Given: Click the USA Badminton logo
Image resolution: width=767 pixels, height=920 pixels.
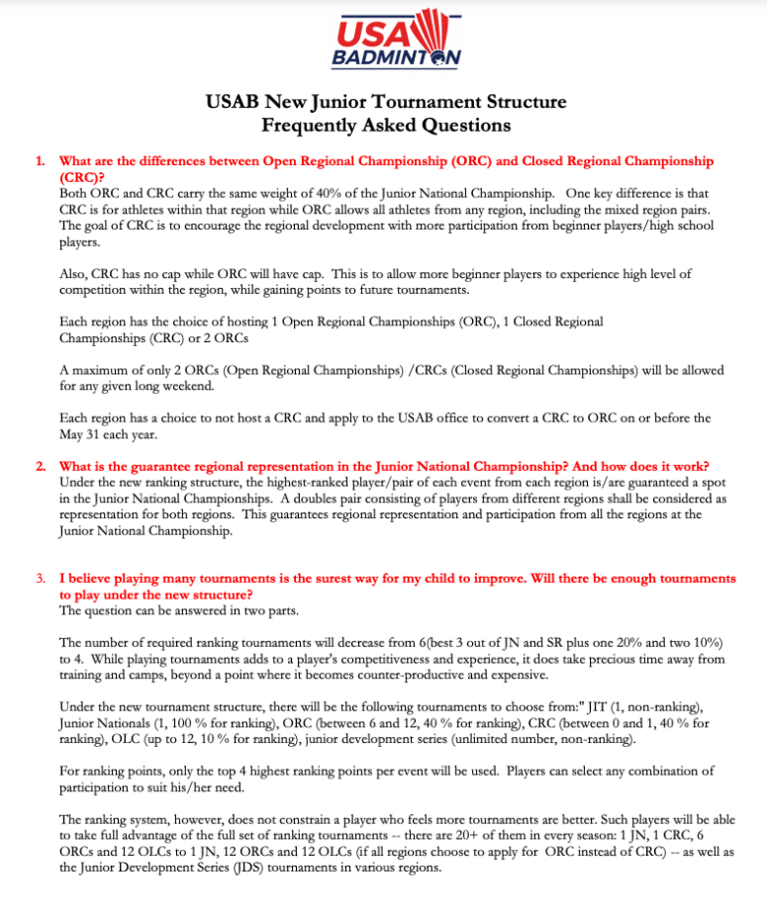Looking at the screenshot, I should (397, 39).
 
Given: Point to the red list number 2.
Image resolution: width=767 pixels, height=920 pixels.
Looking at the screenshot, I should (41, 466).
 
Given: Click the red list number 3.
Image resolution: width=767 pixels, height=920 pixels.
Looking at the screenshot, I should (41, 578).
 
